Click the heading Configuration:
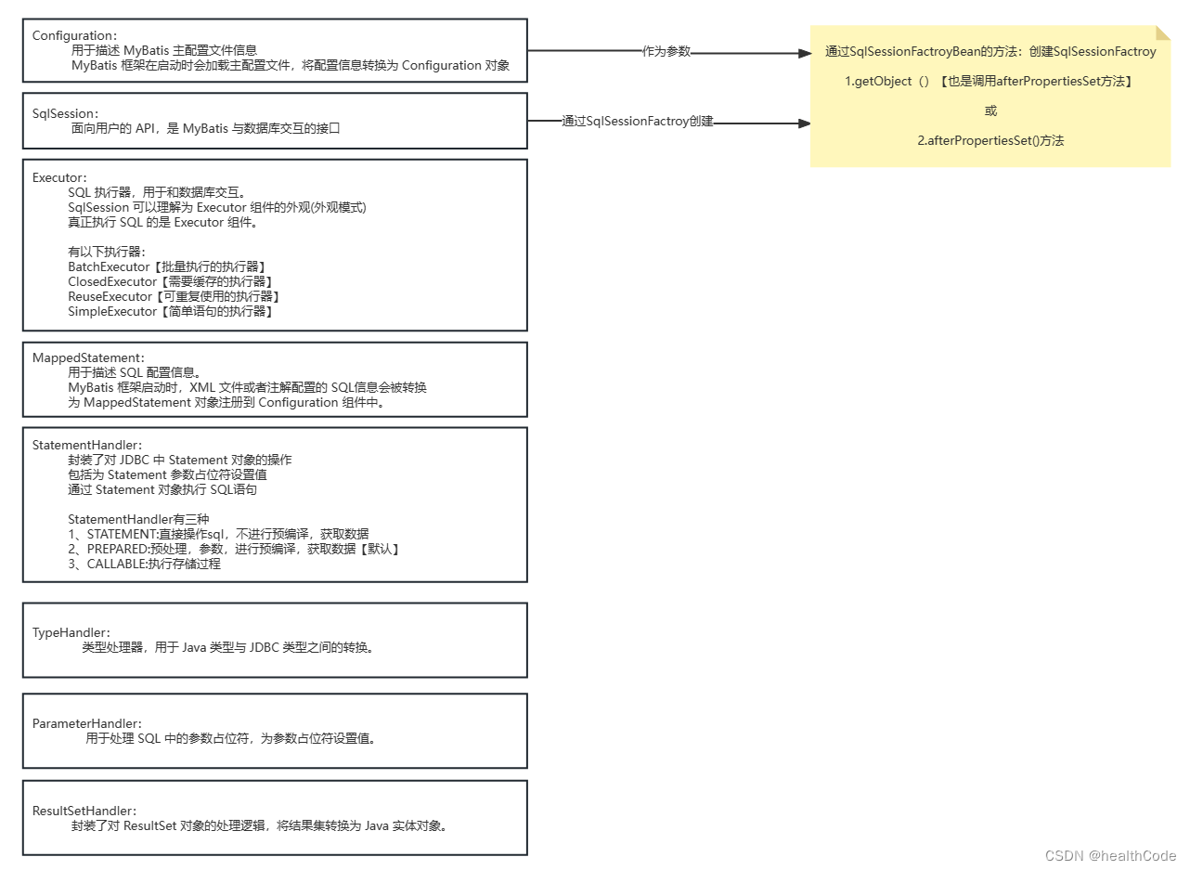tap(74, 36)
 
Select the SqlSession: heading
tap(65, 113)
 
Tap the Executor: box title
tap(59, 177)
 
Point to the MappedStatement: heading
tap(88, 357)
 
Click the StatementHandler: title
tap(87, 446)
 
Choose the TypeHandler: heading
tap(71, 632)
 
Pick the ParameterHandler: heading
tap(87, 723)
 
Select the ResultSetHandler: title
tap(84, 811)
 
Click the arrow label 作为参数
tap(666, 52)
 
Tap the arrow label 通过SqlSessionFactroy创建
tap(638, 122)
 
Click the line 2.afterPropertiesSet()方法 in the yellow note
tap(990, 141)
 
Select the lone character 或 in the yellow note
tap(990, 111)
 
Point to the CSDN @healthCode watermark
tap(1110, 856)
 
